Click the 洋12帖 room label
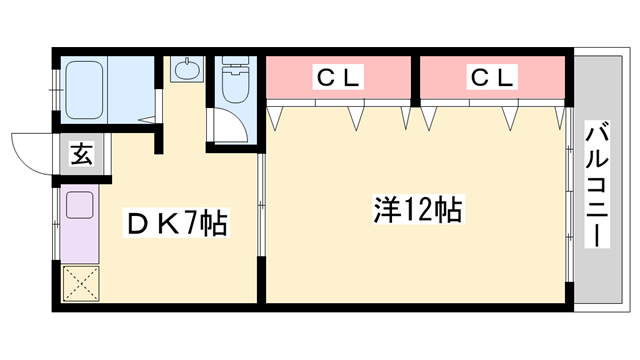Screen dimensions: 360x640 point(417,210)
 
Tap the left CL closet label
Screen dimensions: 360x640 point(339,76)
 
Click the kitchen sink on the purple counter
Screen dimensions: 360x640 point(79,207)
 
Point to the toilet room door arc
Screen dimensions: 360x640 point(227,130)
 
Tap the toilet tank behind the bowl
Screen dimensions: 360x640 point(236,69)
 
